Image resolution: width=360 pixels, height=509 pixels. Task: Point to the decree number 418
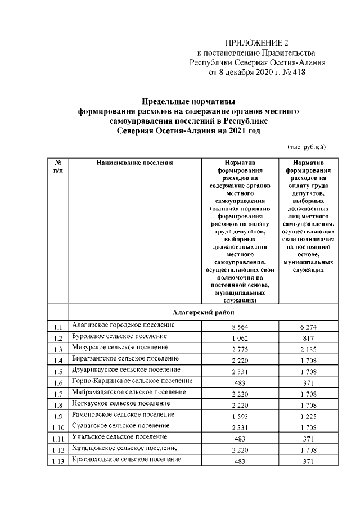298,72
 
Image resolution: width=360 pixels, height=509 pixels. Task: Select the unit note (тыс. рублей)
307,146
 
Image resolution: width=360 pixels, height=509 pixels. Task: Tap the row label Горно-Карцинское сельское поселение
131,381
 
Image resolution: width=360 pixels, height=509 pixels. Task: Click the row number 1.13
58,461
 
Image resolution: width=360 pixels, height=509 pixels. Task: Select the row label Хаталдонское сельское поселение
126,448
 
